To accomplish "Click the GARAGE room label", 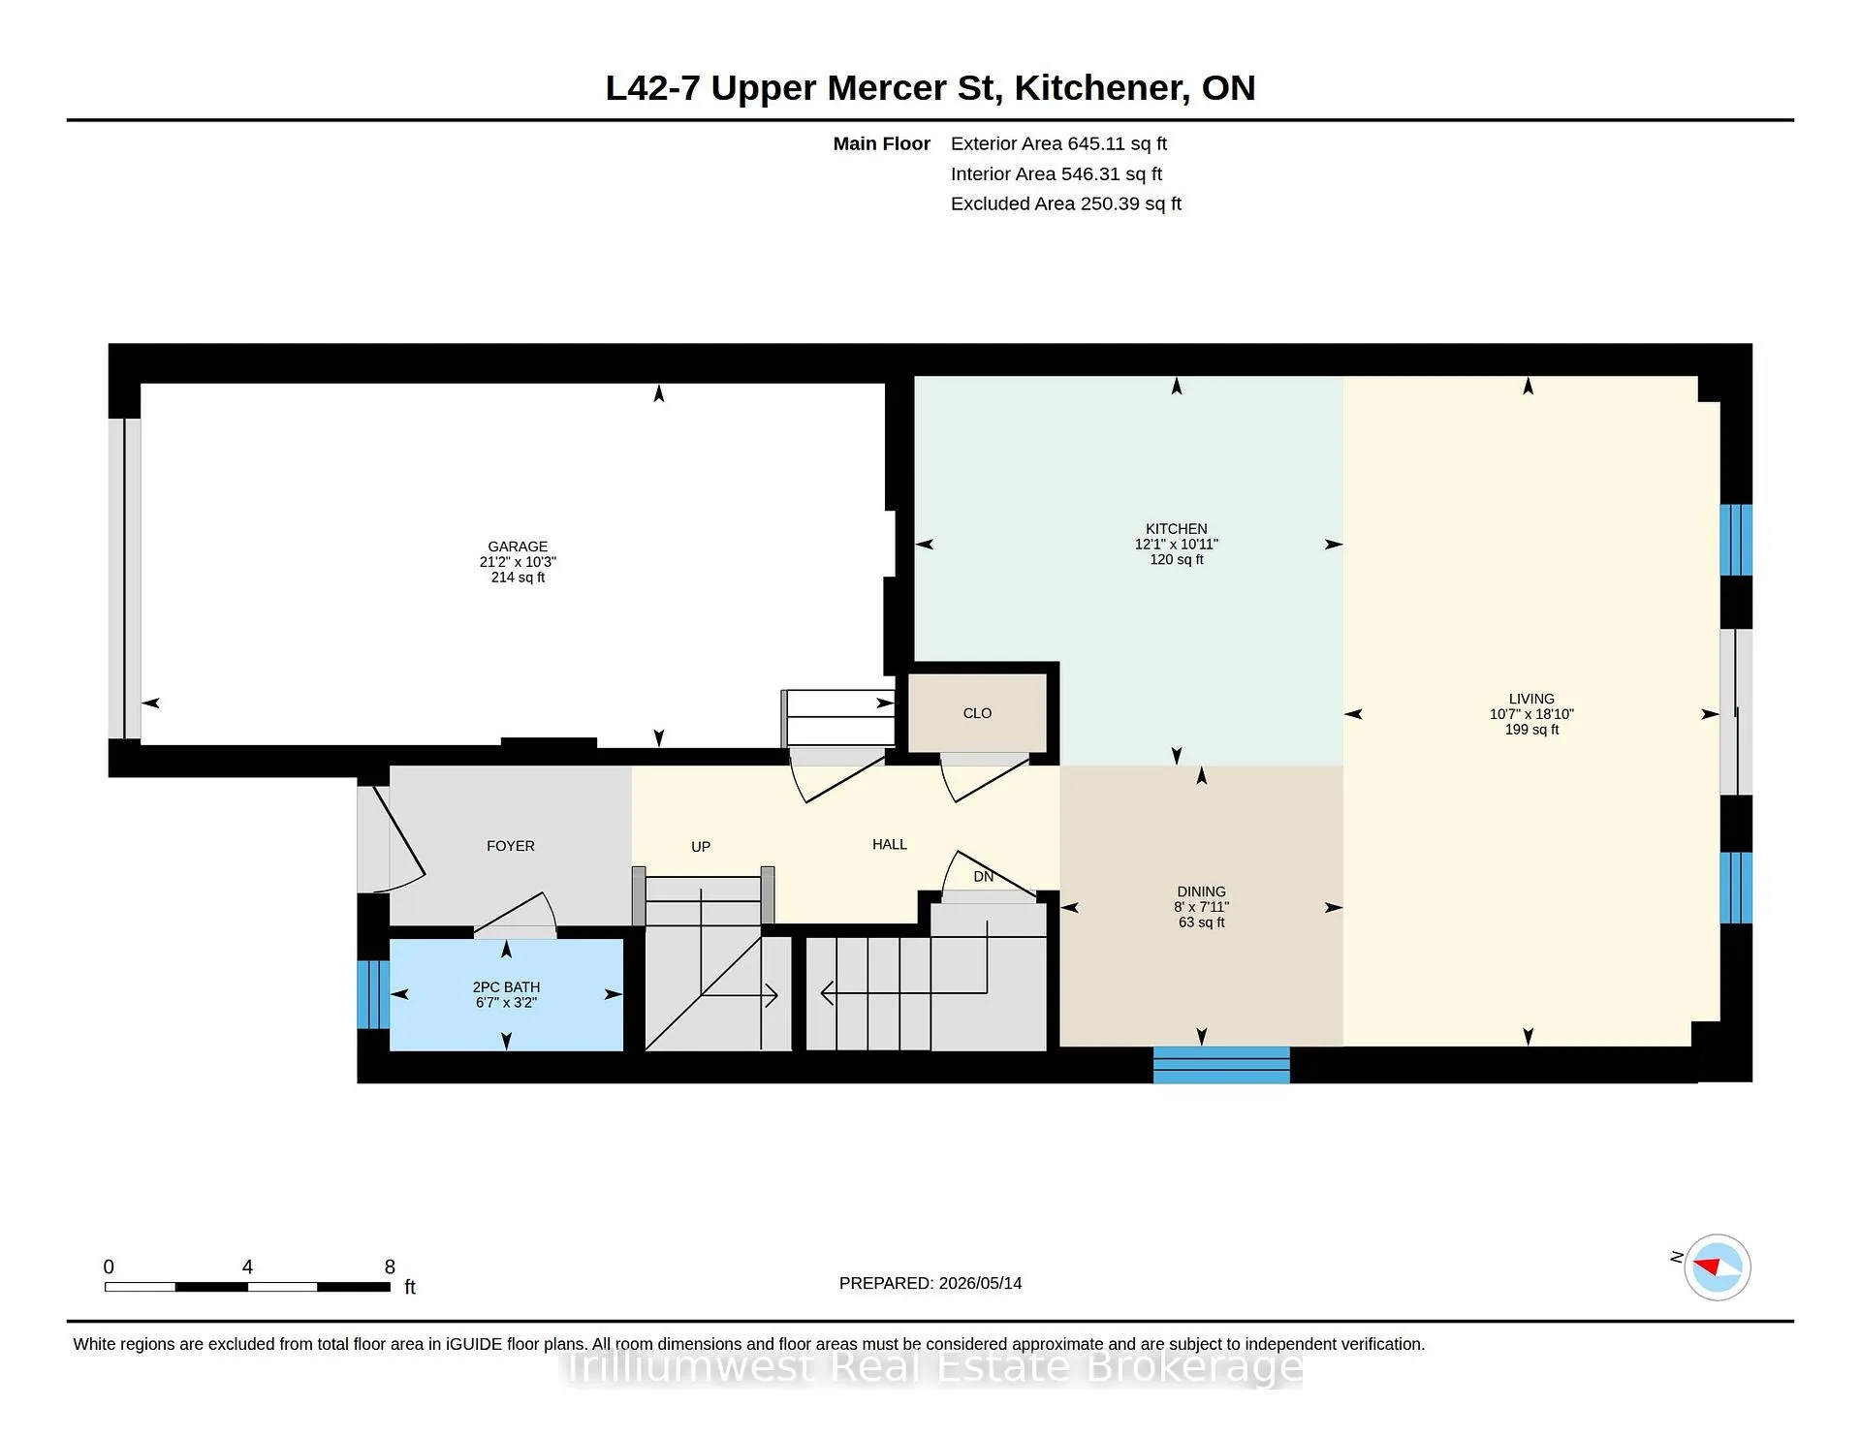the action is click(518, 547).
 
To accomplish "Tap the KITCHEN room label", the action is click(1177, 529).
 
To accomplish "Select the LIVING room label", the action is click(1531, 699).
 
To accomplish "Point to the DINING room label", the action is click(1201, 891).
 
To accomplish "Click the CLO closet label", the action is click(977, 713).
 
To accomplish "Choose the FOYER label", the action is click(511, 846).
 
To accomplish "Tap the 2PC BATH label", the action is click(506, 987).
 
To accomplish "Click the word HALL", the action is click(890, 845).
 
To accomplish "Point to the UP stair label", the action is click(701, 847).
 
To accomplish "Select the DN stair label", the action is click(984, 877).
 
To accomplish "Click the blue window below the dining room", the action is click(1221, 1065).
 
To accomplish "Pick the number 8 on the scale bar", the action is click(390, 1266).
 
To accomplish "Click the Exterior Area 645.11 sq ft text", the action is click(1058, 143).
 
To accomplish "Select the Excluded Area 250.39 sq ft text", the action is click(1066, 203).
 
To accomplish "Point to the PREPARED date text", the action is click(930, 1283).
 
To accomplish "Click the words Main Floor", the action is click(882, 143).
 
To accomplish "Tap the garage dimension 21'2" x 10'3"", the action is click(518, 562).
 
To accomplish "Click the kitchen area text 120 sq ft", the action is click(1177, 559).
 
